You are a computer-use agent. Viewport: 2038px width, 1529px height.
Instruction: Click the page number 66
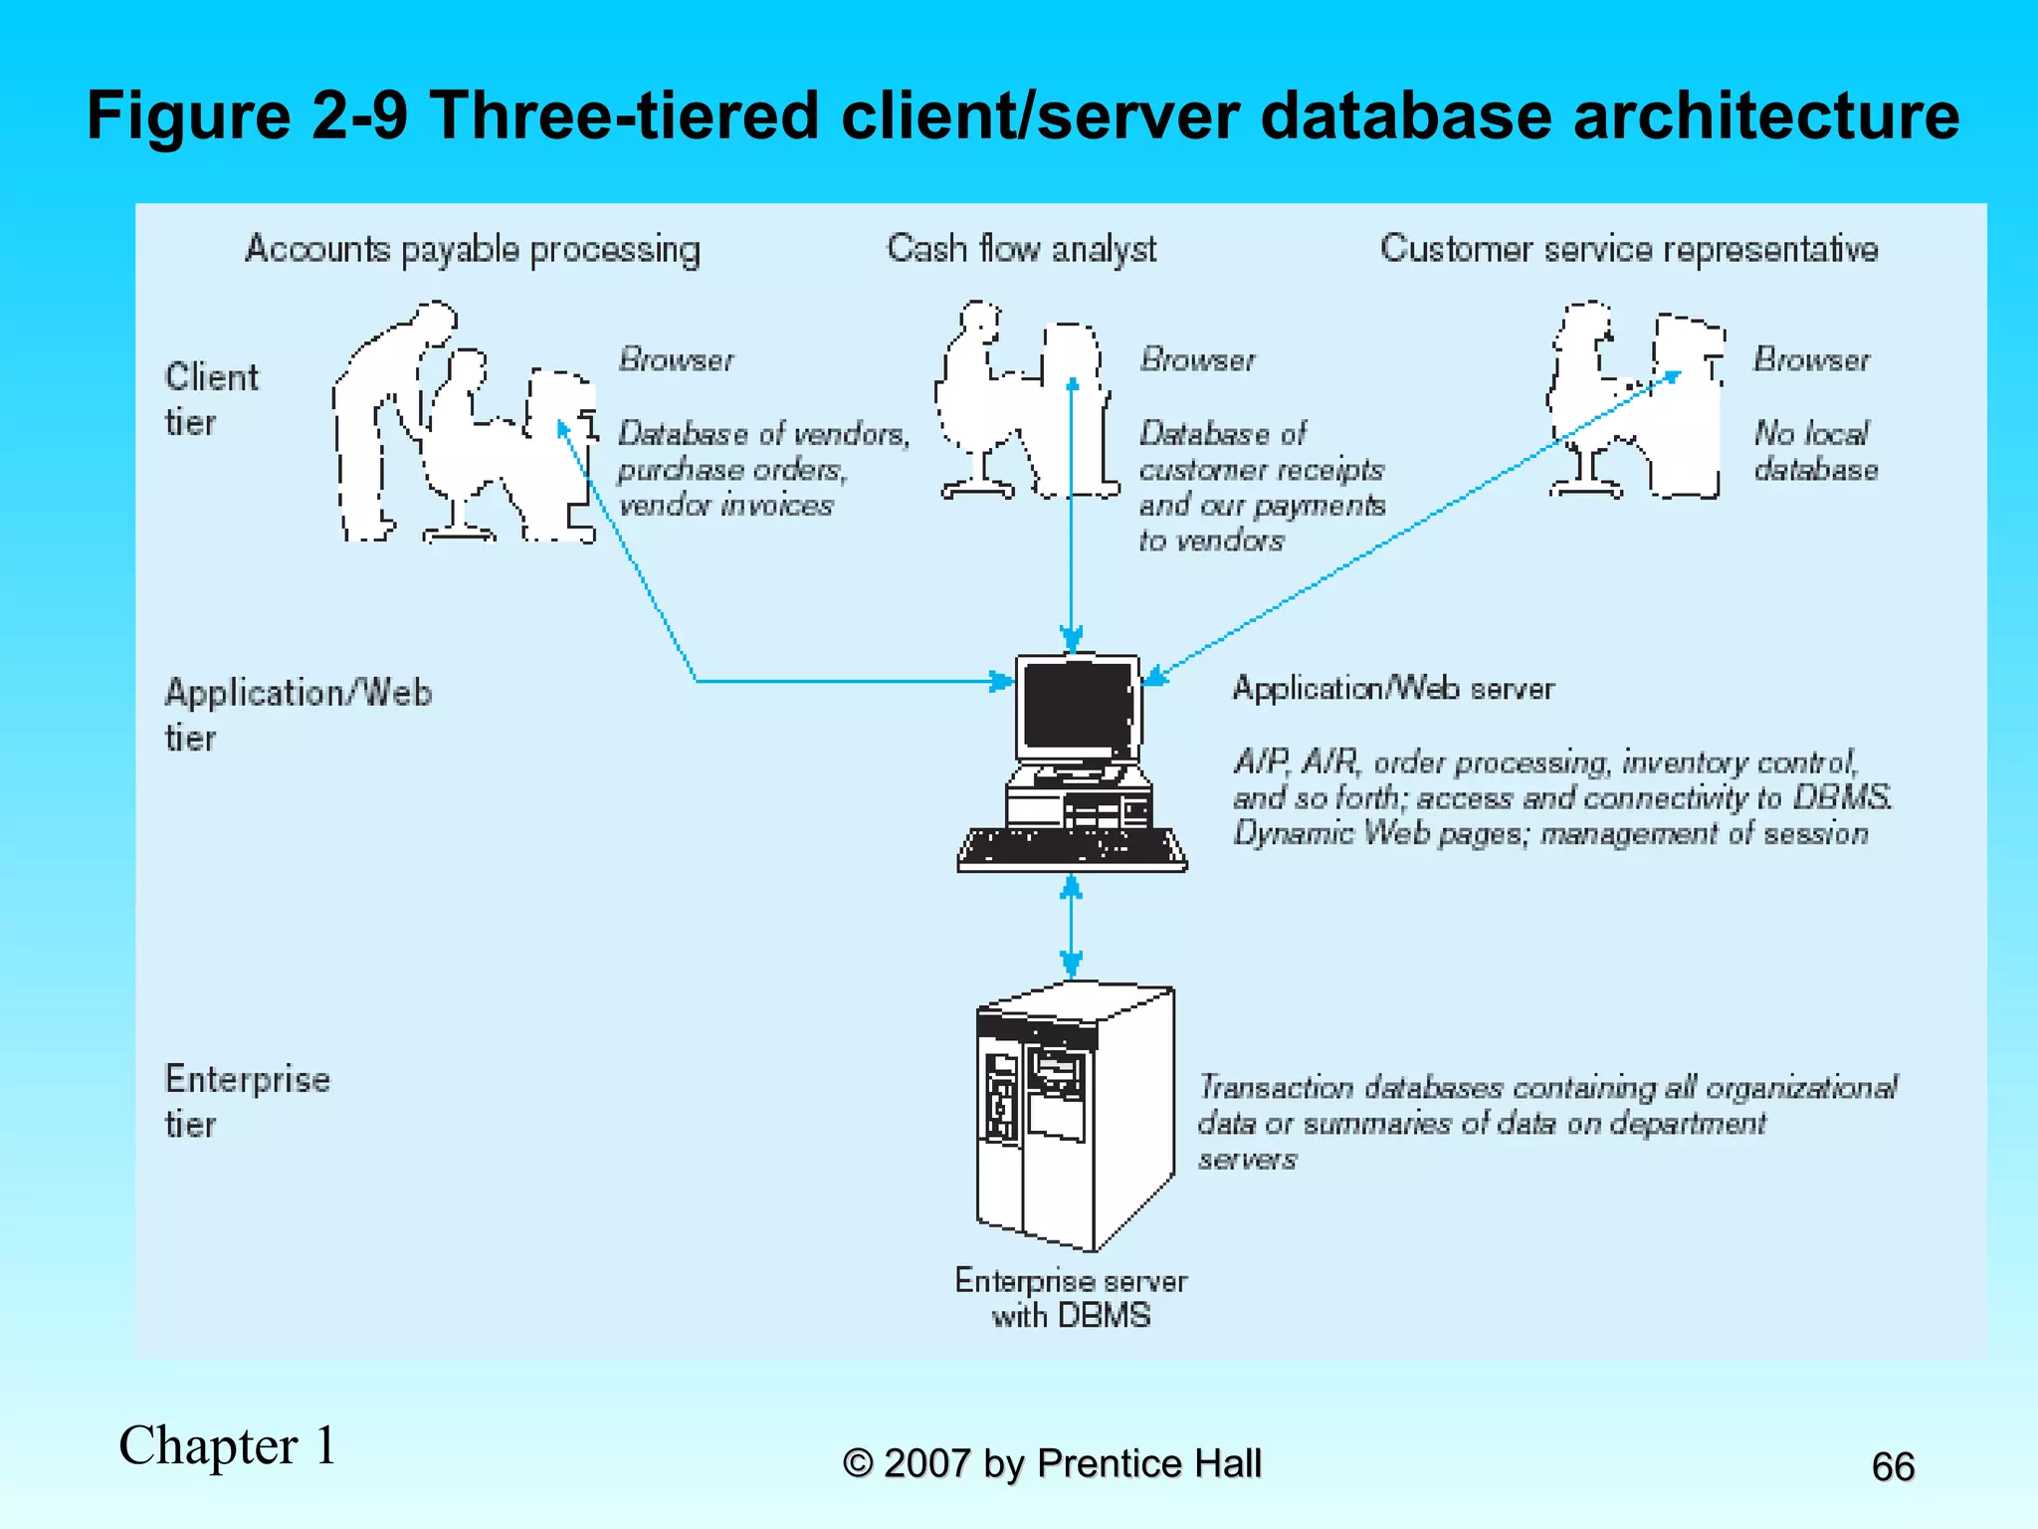tap(1892, 1466)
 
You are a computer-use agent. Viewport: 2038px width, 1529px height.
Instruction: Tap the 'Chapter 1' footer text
tap(228, 1445)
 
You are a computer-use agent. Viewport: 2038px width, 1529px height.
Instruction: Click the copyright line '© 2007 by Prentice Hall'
tap(1052, 1463)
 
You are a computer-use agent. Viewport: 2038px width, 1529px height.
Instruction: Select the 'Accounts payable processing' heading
tap(473, 250)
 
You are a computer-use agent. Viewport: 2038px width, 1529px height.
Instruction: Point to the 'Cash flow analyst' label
tap(1021, 249)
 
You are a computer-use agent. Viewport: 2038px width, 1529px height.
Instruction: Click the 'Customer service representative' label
tap(1629, 249)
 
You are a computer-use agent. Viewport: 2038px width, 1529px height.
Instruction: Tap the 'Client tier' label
tap(210, 399)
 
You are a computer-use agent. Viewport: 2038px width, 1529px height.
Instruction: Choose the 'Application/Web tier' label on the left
tap(297, 714)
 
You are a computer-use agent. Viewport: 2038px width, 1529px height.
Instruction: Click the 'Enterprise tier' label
tap(246, 1101)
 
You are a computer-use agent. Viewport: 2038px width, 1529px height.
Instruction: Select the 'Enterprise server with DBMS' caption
tap(1071, 1298)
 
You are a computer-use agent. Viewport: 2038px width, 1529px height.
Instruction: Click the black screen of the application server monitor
tap(1077, 705)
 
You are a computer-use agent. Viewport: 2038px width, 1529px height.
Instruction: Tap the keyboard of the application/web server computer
tap(1071, 849)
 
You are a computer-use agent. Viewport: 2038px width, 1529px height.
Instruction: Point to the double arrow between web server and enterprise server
tap(1071, 926)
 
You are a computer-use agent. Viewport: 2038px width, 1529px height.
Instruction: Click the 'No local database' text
tap(1815, 451)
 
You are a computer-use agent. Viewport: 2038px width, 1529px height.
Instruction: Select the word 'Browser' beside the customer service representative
tap(1811, 359)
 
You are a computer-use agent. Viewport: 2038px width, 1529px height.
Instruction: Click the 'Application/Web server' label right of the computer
tap(1392, 689)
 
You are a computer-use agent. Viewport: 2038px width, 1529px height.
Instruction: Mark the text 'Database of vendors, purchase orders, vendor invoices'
tap(762, 469)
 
